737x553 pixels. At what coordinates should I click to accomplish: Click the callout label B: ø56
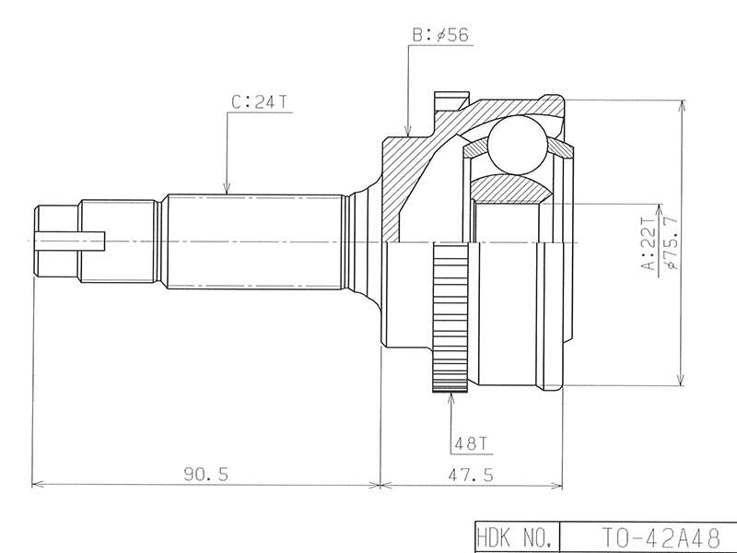coord(440,35)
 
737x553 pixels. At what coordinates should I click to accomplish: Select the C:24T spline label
coord(259,102)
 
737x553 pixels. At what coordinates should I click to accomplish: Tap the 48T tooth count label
coord(471,443)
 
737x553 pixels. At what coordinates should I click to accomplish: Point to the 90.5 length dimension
coord(205,474)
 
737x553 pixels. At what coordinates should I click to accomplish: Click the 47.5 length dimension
coord(471,475)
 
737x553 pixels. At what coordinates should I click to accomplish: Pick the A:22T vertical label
coord(649,243)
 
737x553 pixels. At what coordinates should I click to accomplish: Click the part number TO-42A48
coord(661,537)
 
